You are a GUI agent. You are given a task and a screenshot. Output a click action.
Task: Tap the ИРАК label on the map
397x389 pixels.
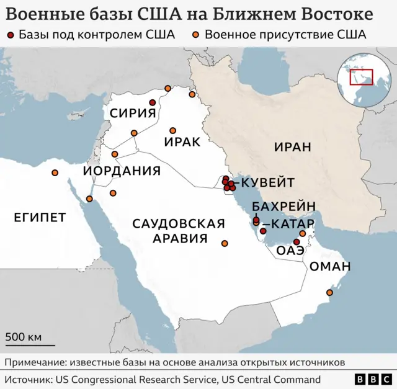[x=182, y=141]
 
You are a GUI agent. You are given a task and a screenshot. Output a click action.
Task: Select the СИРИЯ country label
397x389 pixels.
[x=132, y=112]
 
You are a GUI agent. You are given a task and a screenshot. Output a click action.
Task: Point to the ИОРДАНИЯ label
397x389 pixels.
[x=122, y=171]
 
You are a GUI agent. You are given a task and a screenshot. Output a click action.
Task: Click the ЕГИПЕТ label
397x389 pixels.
[x=40, y=217]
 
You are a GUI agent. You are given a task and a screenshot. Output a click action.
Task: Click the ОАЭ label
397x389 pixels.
[x=290, y=251]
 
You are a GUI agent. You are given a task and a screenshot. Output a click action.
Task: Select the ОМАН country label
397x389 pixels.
[x=330, y=267]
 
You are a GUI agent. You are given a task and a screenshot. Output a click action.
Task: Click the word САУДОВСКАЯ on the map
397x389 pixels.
[x=179, y=224]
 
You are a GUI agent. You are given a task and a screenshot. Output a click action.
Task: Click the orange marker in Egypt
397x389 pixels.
[x=55, y=172]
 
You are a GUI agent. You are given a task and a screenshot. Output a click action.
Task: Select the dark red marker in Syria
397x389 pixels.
[x=152, y=103]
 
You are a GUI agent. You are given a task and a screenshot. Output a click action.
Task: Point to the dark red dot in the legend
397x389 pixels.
[x=13, y=35]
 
